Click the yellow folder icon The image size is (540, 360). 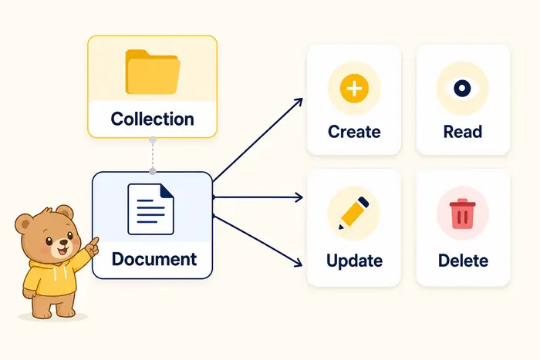coord(153,72)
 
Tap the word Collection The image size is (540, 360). coord(152,119)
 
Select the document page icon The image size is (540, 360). coord(151,209)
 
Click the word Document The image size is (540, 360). coord(154,259)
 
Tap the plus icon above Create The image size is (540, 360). coord(354,89)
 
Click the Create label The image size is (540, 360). coord(354,132)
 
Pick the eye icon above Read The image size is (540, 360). coord(462,88)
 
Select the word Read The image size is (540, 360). coord(463,132)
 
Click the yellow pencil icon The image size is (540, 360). coord(353,213)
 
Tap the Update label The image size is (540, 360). coord(354,261)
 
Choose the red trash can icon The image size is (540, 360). coord(463,214)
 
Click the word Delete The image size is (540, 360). coord(463,261)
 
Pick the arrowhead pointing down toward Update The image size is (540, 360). coord(297,262)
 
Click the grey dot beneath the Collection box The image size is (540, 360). coord(153,140)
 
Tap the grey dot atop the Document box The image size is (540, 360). coord(153,171)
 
